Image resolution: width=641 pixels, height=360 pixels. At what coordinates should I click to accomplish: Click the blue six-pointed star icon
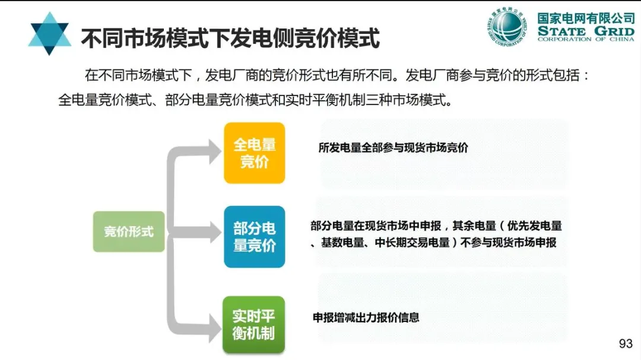[x=49, y=34]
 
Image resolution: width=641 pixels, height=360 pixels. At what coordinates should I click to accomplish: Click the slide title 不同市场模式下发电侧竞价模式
[x=230, y=38]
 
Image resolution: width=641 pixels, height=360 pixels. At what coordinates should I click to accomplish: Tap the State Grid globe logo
[x=507, y=26]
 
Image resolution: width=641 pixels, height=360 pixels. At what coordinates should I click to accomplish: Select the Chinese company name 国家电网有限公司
[x=586, y=18]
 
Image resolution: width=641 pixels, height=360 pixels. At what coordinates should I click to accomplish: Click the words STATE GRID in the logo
[x=586, y=30]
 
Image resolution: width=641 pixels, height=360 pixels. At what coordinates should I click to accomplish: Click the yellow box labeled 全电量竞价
[x=254, y=153]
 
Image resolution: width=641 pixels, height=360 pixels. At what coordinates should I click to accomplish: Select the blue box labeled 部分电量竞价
[x=254, y=237]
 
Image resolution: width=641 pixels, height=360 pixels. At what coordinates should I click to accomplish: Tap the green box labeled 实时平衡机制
[x=254, y=324]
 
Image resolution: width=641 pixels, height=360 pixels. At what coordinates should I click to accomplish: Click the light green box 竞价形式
[x=128, y=231]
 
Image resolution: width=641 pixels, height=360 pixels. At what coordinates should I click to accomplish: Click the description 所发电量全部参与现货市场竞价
[x=393, y=148]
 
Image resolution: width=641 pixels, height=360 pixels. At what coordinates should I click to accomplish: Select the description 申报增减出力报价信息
[x=366, y=317]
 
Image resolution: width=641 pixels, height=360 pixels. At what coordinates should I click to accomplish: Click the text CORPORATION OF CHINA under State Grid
[x=586, y=39]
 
